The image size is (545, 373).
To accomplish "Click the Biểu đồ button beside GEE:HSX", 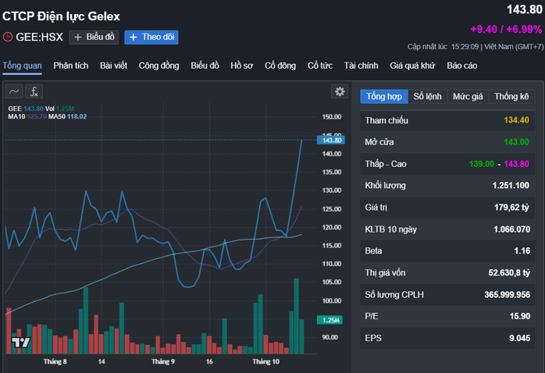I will click(94, 37).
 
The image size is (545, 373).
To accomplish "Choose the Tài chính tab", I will click(361, 65).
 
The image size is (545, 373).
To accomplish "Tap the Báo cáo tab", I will click(462, 65).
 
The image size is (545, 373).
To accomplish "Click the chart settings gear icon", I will click(340, 91).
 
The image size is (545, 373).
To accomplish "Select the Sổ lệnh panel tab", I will click(427, 96).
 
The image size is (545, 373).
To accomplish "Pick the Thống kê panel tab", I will click(511, 96).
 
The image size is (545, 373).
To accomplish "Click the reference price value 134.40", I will click(516, 120).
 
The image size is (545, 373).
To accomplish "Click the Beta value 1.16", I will click(522, 251).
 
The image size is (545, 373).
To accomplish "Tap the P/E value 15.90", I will click(518, 316).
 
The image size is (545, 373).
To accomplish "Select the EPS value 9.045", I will click(518, 338).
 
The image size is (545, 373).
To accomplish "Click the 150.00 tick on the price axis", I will click(331, 117).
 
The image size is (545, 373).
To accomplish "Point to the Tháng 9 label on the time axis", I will click(162, 362).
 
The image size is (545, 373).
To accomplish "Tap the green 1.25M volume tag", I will click(329, 320).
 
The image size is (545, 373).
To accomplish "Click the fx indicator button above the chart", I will click(35, 91).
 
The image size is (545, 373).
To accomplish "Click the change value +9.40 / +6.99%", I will click(506, 29).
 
